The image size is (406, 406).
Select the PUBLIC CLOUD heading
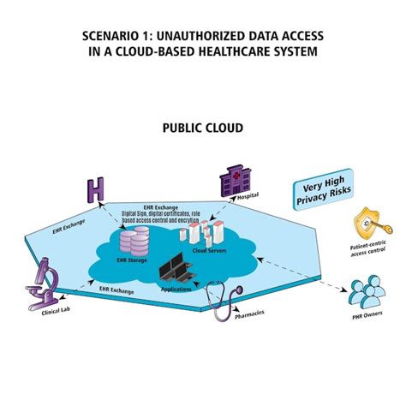tap(203, 128)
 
